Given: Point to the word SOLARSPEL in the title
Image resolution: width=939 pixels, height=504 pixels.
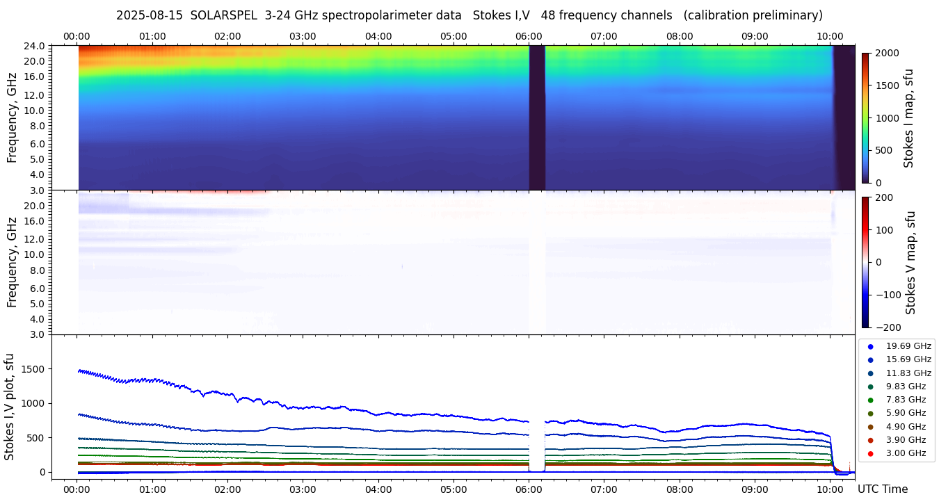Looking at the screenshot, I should [x=223, y=15].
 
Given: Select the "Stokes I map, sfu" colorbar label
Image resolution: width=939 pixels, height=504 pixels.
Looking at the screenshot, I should [x=909, y=118].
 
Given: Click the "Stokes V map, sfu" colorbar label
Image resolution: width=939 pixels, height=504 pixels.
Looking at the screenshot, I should [x=910, y=263].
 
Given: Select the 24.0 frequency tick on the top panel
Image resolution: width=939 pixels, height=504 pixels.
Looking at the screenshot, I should [x=36, y=46].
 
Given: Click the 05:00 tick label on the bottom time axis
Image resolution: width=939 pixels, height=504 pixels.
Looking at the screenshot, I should [x=454, y=489].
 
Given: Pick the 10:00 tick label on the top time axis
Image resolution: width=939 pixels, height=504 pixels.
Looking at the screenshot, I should [x=830, y=36].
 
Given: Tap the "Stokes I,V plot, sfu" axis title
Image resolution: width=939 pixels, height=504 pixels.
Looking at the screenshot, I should [x=10, y=407].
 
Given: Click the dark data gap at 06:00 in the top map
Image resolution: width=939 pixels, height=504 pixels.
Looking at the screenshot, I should [x=536, y=118].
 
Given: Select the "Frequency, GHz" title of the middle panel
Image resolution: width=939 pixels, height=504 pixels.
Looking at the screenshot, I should [x=12, y=263].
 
